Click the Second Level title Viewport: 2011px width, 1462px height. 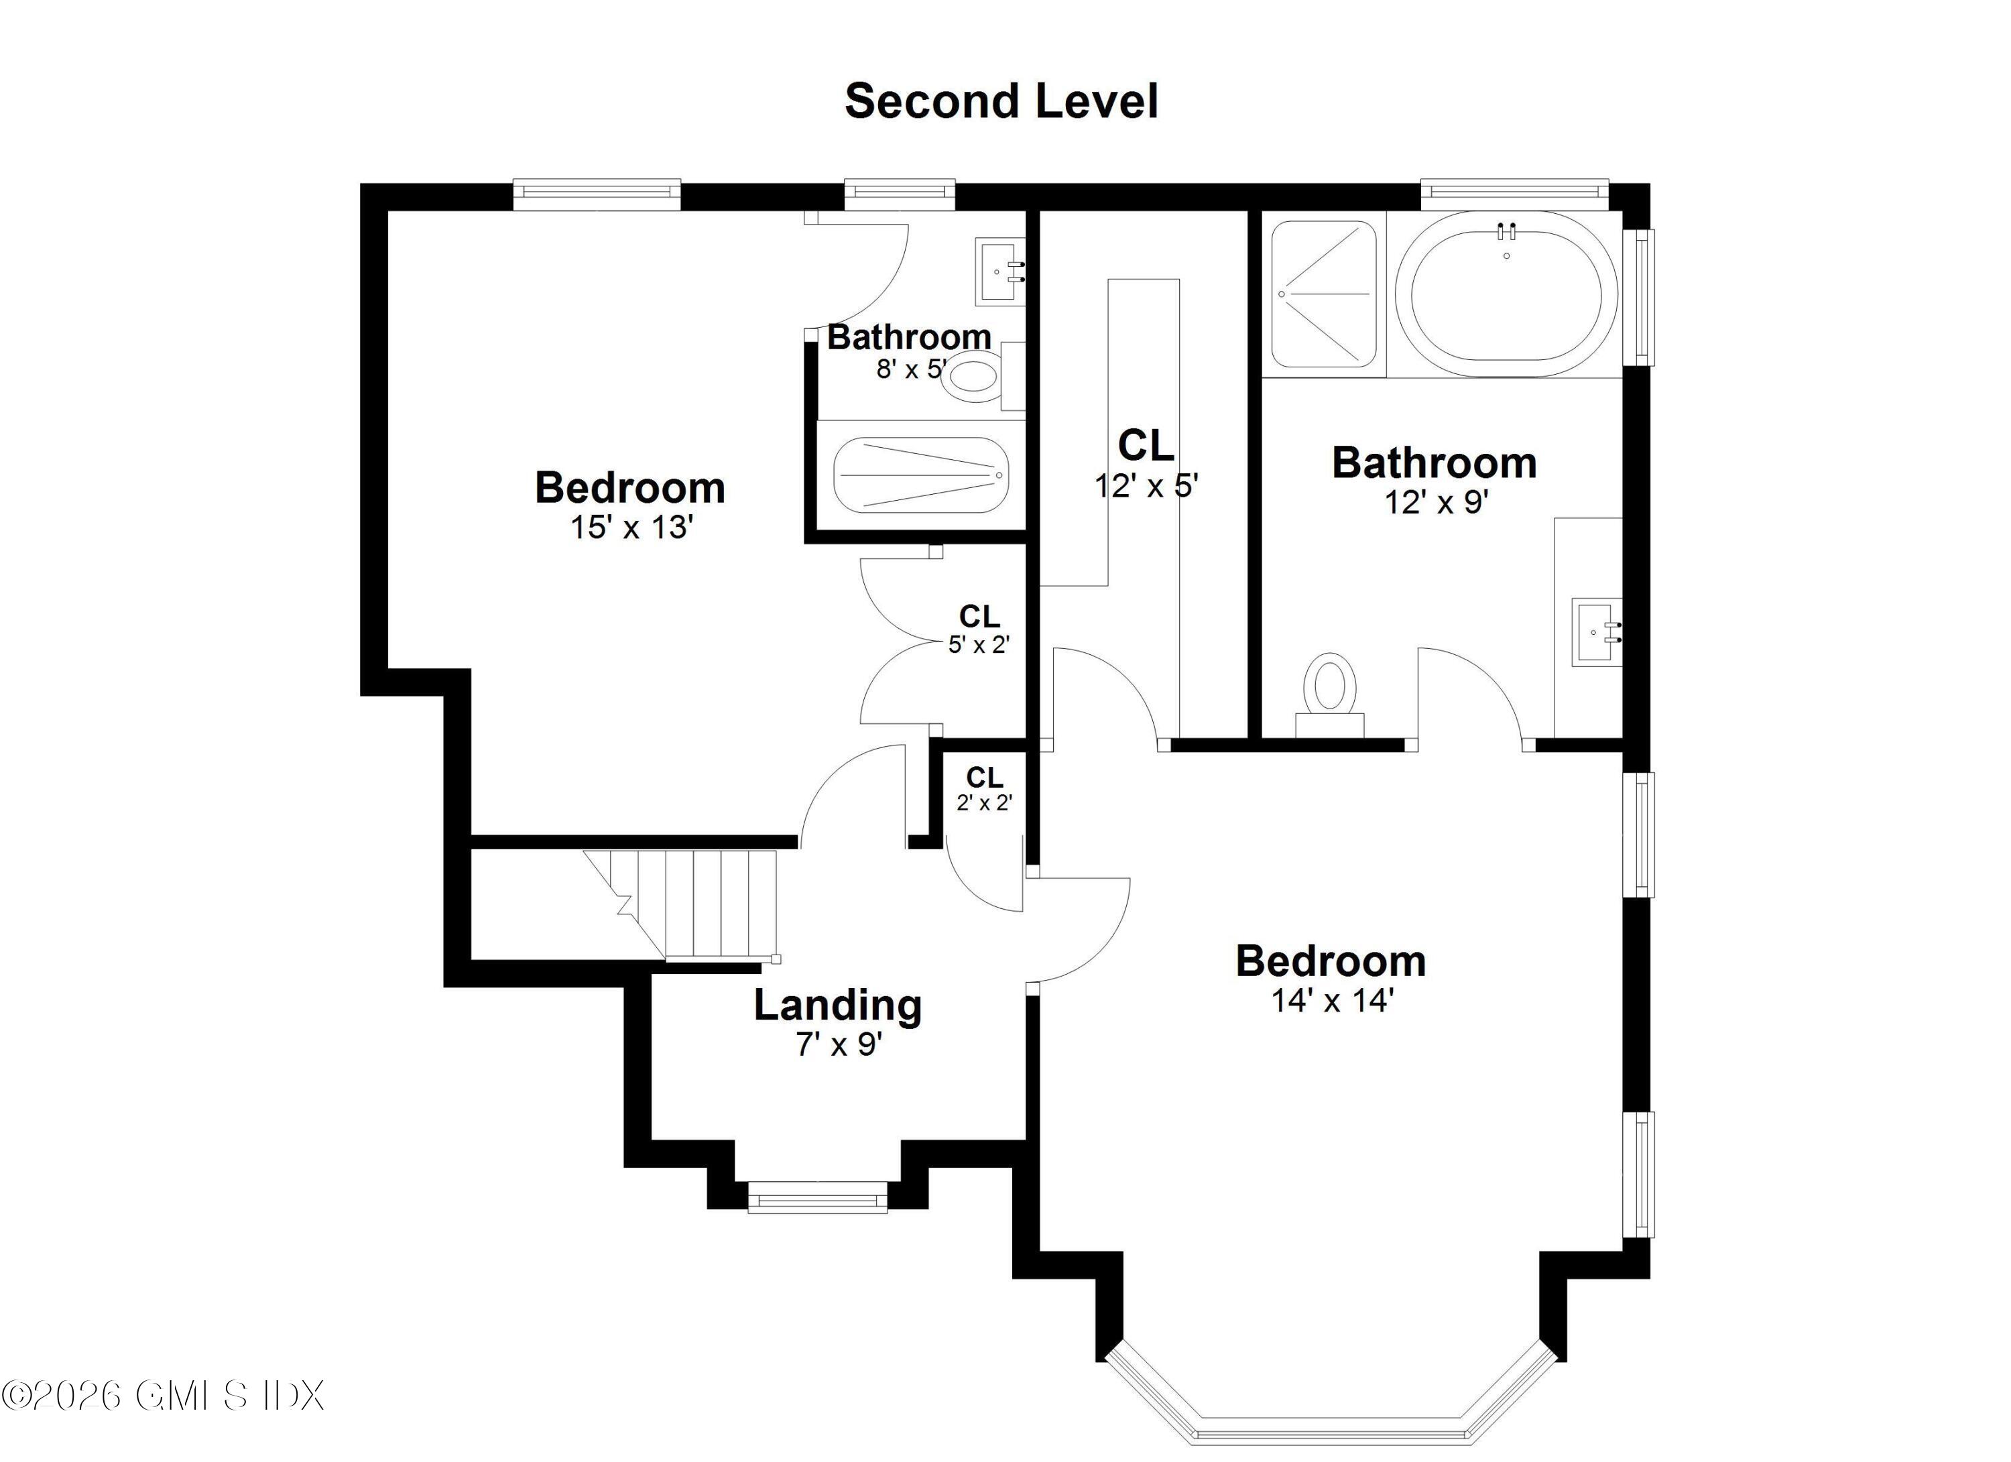click(1001, 101)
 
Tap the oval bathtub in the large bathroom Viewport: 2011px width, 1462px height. click(1506, 294)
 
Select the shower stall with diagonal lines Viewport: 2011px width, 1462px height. click(1324, 294)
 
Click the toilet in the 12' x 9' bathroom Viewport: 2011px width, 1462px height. click(1330, 692)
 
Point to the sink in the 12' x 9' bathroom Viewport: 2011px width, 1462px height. click(1596, 631)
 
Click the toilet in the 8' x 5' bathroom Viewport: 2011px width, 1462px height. click(971, 377)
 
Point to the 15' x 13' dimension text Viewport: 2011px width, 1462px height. click(630, 528)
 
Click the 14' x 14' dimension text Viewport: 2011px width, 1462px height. click(1333, 1001)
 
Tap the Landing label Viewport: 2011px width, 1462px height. click(838, 1006)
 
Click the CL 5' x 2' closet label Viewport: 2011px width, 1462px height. click(979, 629)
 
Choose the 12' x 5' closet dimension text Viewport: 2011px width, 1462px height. click(1146, 486)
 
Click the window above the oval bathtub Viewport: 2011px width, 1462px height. click(1514, 190)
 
